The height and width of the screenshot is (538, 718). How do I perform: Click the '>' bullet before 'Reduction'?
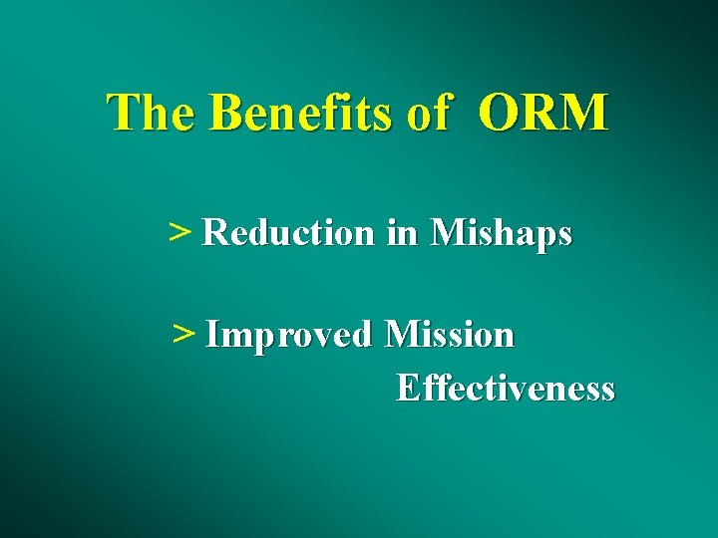point(179,233)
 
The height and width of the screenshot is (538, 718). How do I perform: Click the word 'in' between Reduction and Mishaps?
point(402,233)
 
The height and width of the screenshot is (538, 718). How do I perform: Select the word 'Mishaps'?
point(502,234)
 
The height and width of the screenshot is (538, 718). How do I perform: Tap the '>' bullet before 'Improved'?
point(182,335)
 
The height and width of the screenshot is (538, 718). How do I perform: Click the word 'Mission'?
point(450,335)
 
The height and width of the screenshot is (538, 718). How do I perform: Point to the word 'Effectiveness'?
point(506,388)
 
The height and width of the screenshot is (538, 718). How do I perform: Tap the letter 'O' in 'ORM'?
point(499,114)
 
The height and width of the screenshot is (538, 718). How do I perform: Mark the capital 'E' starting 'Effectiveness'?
point(406,388)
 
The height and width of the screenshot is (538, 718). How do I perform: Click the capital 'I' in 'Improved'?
point(210,335)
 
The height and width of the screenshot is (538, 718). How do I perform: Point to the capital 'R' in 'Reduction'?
point(213,233)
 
